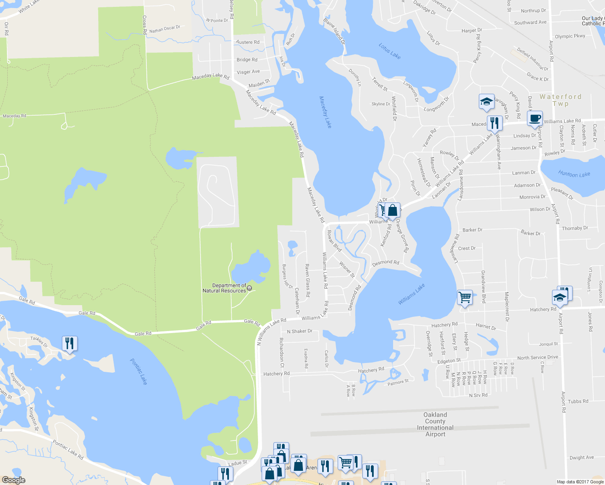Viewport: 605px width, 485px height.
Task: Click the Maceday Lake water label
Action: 325,112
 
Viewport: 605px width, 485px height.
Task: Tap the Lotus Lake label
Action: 390,51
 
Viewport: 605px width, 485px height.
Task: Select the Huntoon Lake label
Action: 574,174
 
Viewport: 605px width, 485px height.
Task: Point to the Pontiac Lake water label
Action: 139,371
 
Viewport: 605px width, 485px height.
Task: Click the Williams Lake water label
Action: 411,294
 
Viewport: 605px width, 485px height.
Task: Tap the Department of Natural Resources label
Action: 225,288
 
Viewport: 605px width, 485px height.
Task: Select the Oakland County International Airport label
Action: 435,424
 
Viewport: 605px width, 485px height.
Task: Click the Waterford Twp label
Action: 560,100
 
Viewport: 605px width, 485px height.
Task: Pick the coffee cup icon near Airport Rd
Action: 535,118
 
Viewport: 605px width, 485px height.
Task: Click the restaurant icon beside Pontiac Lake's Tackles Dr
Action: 70,344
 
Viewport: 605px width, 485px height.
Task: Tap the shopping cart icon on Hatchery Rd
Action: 465,297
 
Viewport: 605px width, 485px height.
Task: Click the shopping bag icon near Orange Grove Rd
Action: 392,210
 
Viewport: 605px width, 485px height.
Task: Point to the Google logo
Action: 14,480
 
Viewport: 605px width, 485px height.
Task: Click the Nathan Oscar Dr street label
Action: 165,29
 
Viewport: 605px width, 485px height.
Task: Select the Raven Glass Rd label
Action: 307,280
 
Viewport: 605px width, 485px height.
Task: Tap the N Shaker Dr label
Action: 300,331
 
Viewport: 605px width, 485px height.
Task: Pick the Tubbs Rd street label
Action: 578,401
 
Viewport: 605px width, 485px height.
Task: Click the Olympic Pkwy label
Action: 570,36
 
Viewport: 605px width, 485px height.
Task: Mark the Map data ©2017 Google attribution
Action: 580,482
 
